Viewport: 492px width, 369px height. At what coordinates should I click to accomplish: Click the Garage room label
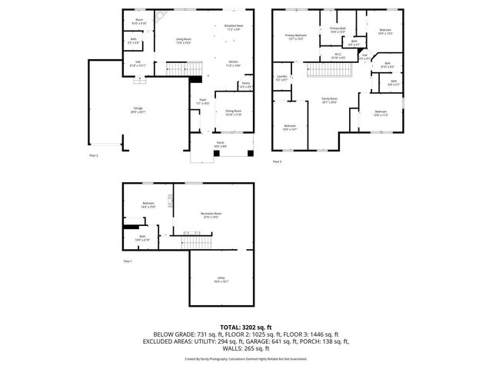[x=138, y=111]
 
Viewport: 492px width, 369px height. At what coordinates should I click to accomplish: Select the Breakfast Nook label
[x=234, y=28]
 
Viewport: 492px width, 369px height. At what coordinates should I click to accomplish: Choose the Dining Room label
[x=233, y=112]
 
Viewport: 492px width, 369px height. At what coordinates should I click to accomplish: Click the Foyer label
[x=203, y=101]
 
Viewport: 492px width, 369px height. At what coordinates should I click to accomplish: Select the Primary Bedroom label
[x=296, y=36]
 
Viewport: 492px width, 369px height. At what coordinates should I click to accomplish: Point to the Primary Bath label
[x=337, y=30]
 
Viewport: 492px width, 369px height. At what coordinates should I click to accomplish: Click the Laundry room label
[x=282, y=78]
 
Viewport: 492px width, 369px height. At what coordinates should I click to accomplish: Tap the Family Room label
[x=330, y=100]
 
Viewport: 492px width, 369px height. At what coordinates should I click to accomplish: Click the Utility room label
[x=221, y=280]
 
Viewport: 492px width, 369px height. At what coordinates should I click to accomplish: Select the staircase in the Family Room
[x=331, y=71]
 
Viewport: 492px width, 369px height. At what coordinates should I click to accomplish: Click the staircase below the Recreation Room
[x=195, y=243]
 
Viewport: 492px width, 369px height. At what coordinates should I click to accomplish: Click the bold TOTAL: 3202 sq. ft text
[x=246, y=327]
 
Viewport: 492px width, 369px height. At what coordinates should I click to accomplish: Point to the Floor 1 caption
[x=128, y=262]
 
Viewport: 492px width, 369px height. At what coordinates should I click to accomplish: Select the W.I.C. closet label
[x=337, y=56]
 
